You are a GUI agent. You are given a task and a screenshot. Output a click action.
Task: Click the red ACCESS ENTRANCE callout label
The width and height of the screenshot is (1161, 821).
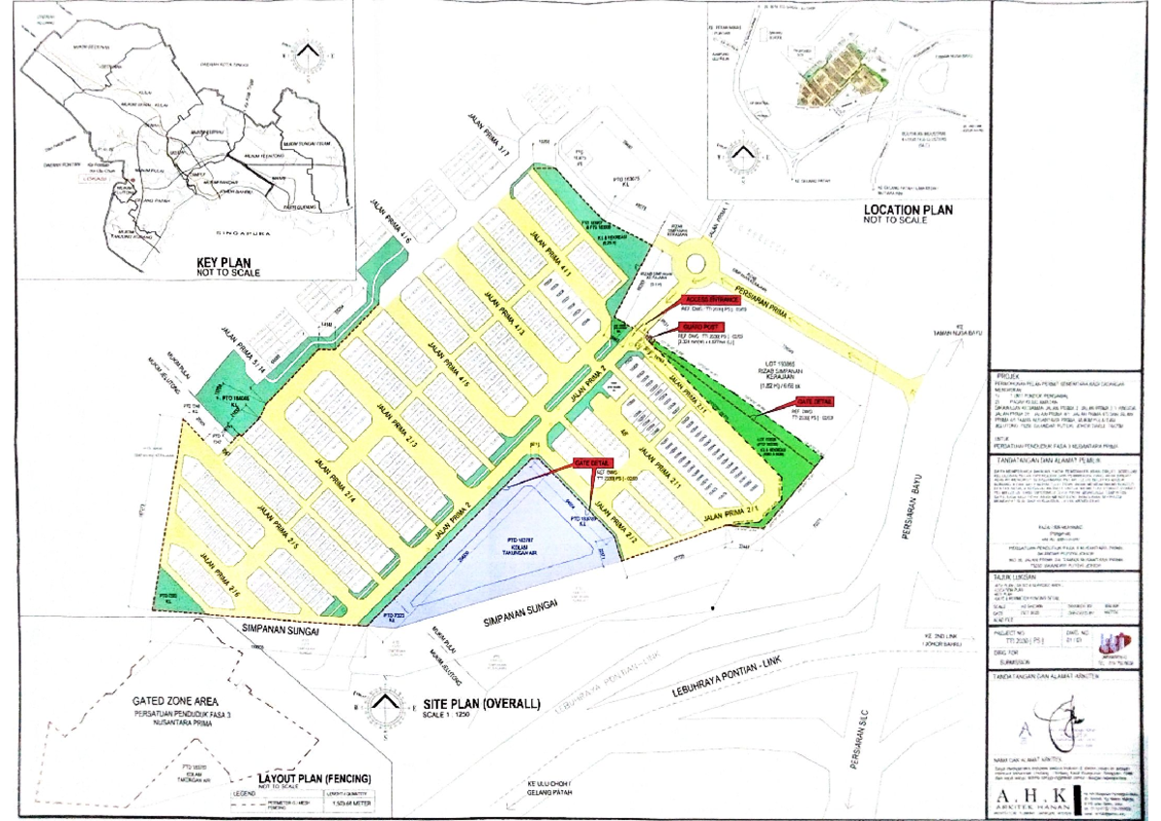tap(709, 300)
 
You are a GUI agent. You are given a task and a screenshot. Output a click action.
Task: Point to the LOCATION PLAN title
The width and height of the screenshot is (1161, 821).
tap(908, 209)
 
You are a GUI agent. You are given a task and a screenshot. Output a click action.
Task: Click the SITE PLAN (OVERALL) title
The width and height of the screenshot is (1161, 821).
tap(480, 704)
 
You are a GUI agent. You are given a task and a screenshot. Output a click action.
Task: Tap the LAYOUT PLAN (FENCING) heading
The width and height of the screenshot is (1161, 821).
tap(313, 777)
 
